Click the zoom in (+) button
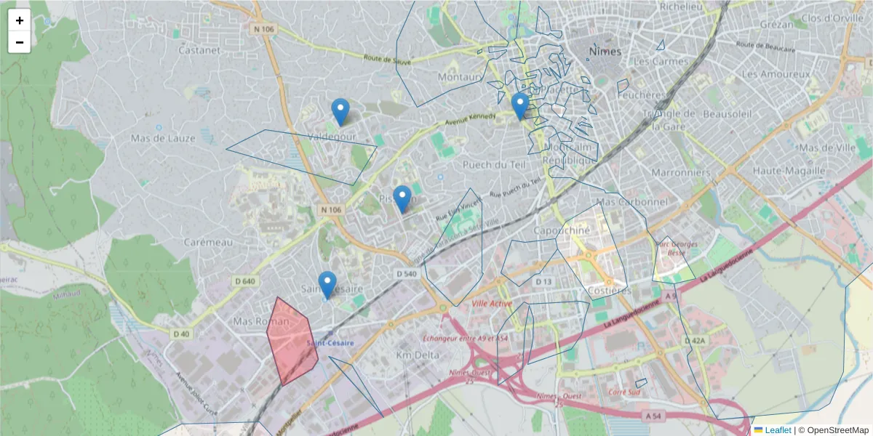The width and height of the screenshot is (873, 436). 20,20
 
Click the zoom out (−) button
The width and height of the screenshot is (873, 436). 20,42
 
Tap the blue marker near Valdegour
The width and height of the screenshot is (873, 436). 340,111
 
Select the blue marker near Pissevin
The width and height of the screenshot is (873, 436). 402,198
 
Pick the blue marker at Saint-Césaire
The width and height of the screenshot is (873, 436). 327,284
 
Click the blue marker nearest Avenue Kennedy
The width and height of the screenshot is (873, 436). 519,105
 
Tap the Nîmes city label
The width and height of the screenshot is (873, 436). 605,52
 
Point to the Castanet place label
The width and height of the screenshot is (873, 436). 199,50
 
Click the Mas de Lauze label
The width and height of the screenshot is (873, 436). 163,138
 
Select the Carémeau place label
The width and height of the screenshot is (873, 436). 207,241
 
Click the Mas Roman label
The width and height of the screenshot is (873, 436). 256,320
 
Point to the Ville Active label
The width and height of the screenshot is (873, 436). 492,303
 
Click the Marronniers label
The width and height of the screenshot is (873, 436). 680,172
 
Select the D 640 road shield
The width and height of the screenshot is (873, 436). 245,280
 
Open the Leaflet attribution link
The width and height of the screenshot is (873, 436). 778,430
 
